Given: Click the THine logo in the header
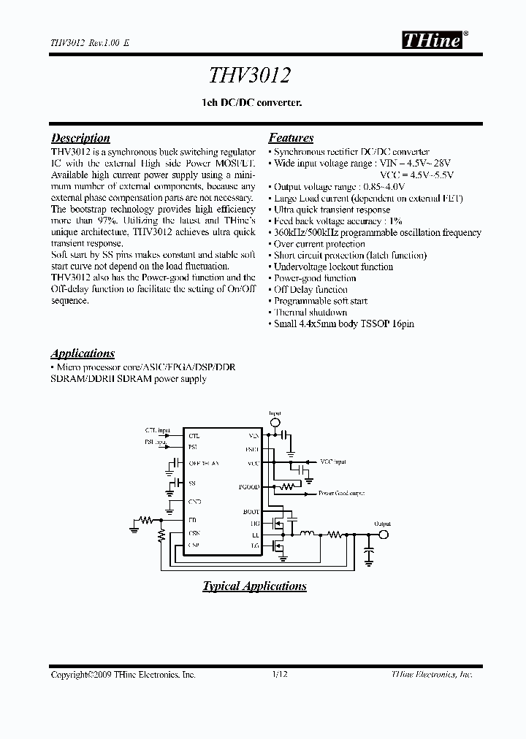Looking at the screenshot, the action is point(432,42).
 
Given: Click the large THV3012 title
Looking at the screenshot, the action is point(252,76).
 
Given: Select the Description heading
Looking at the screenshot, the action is point(80,138).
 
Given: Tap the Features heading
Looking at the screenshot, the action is point(291,138).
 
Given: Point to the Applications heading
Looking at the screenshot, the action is point(83,353).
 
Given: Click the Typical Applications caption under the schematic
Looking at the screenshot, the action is point(254,586).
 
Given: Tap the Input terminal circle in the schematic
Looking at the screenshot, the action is point(275,423).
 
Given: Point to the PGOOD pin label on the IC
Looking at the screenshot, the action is point(249,486).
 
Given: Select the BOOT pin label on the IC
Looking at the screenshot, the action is point(252,512).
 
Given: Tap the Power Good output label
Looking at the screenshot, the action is point(342,493).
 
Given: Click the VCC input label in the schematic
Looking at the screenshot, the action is point(333,462).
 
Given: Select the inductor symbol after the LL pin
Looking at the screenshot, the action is point(309,534).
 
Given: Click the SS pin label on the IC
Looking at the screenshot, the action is point(192,483).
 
